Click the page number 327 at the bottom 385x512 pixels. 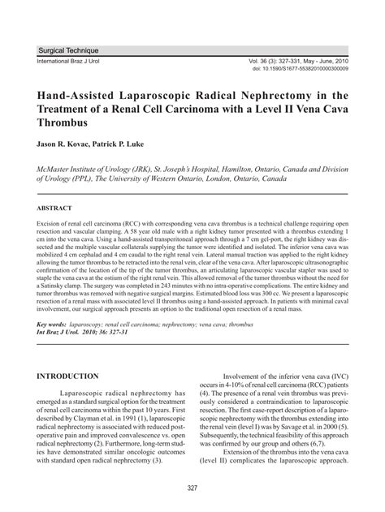[192, 487]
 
